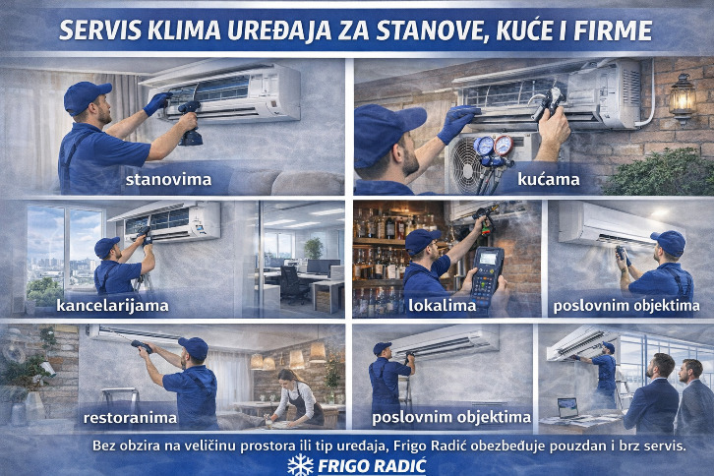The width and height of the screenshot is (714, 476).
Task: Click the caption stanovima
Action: pyautogui.click(x=168, y=179)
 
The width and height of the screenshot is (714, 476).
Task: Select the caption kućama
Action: pyautogui.click(x=548, y=179)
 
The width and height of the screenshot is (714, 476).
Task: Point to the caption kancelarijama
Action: pyautogui.click(x=112, y=305)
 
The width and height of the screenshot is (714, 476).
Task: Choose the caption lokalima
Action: pyautogui.click(x=442, y=305)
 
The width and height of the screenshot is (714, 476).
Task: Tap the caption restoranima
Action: pyautogui.click(x=130, y=417)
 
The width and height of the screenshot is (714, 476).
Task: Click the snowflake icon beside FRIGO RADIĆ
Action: pyautogui.click(x=301, y=465)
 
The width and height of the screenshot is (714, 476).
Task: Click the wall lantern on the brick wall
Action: pyautogui.click(x=682, y=98)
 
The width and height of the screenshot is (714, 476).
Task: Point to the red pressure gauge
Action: pyautogui.click(x=504, y=146)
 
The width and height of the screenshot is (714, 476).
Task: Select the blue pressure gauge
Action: pyautogui.click(x=484, y=147)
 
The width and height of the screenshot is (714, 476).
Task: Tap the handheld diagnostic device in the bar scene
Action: pyautogui.click(x=486, y=277)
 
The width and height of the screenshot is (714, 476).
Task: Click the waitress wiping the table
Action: pyautogui.click(x=296, y=396)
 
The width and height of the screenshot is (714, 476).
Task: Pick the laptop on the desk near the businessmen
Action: pyautogui.click(x=567, y=408)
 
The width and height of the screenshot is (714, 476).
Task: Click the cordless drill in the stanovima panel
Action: pyautogui.click(x=190, y=123)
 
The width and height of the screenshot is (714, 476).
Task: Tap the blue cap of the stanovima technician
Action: pyautogui.click(x=87, y=97)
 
